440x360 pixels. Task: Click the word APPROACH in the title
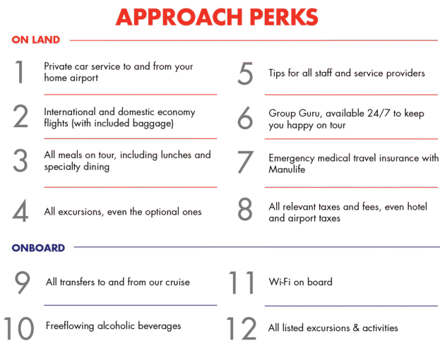[x=179, y=17]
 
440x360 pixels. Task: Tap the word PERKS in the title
[x=284, y=17]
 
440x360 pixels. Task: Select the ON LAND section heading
[x=35, y=40]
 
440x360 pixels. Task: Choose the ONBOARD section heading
[x=38, y=248]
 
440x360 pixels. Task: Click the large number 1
[x=19, y=72]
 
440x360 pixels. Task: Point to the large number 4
[x=20, y=210]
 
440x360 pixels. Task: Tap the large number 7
[x=245, y=162]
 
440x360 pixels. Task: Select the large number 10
[x=18, y=328]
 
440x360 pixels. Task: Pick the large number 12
[x=242, y=328]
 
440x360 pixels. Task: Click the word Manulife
[x=287, y=169]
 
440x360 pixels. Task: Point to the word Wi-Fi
[x=279, y=282]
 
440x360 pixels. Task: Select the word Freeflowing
[x=70, y=326]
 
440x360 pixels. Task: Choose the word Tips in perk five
[x=277, y=73]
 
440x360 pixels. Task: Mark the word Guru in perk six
[x=309, y=113]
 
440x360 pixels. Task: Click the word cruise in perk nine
[x=178, y=282]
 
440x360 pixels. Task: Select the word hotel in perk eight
[x=417, y=207]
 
